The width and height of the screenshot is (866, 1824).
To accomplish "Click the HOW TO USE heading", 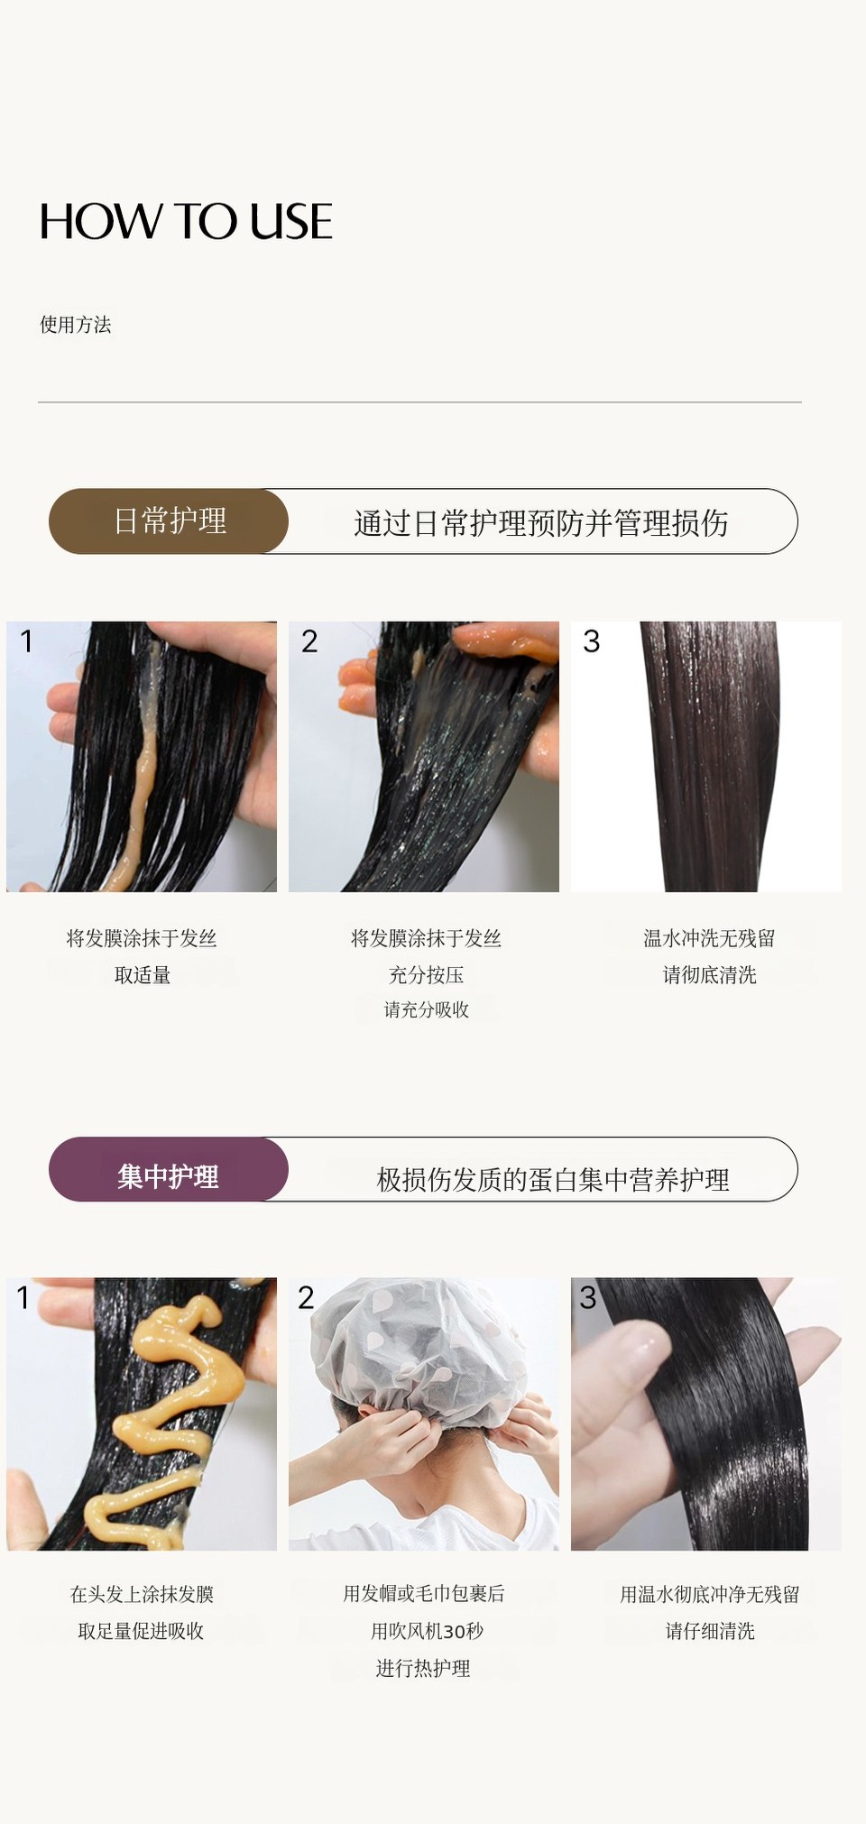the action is [186, 221].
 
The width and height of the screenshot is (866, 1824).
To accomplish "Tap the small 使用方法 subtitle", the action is [76, 325].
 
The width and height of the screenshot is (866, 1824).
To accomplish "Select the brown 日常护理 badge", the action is [169, 521].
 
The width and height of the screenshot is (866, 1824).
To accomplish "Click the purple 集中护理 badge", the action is [169, 1169].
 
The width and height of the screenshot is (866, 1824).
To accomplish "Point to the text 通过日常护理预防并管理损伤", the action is [541, 523].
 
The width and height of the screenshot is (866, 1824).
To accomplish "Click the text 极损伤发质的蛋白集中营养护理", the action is [553, 1179].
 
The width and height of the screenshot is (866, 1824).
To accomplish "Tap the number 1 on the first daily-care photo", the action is [27, 641].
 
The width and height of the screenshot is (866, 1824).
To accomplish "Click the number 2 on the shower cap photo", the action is [307, 1297].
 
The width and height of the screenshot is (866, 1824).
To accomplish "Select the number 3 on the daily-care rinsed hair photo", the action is [592, 641].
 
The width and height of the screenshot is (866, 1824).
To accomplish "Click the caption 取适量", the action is [143, 975].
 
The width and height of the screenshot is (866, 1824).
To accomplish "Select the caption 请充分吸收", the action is [427, 1009].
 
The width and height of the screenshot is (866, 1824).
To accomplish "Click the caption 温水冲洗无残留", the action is [710, 938].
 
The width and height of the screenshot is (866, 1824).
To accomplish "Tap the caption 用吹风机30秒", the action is [428, 1631].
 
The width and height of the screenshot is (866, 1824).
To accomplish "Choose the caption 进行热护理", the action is [423, 1669].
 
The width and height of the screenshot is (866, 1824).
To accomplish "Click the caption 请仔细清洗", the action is [710, 1631].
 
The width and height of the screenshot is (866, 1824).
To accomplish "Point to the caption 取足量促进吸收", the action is [141, 1631].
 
